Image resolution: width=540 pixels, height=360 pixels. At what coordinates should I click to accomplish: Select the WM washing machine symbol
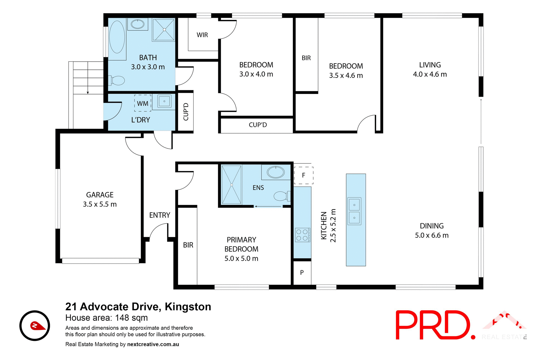(x=143, y=103)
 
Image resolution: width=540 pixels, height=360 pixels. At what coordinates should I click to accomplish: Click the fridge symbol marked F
(x=303, y=175)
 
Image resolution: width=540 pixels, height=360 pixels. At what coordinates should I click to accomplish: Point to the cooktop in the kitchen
(x=302, y=235)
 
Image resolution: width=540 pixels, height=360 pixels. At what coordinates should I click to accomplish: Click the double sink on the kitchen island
(x=354, y=211)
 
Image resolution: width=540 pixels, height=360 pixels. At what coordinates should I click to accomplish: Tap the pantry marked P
(x=302, y=273)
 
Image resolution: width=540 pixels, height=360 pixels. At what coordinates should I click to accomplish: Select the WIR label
(x=202, y=35)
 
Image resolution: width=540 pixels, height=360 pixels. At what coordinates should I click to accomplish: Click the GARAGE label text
(x=100, y=195)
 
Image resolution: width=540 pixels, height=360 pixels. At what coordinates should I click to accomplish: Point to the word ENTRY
(x=160, y=215)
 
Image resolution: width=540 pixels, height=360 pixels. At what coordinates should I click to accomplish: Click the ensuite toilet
(x=281, y=196)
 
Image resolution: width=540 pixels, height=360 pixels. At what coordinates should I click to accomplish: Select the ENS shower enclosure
(x=231, y=184)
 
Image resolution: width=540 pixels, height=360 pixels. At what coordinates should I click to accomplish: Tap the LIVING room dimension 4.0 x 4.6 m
(x=430, y=74)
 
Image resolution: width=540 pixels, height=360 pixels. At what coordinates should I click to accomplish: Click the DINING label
(x=432, y=226)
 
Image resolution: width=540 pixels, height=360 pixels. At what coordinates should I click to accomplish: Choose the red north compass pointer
(x=37, y=326)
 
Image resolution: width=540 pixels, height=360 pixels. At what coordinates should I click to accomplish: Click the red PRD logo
(x=435, y=325)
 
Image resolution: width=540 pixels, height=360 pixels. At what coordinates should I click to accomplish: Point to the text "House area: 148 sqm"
(x=107, y=318)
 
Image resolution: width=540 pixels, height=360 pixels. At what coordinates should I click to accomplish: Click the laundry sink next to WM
(x=164, y=101)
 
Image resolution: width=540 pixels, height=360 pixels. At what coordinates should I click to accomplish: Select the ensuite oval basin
(x=276, y=172)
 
